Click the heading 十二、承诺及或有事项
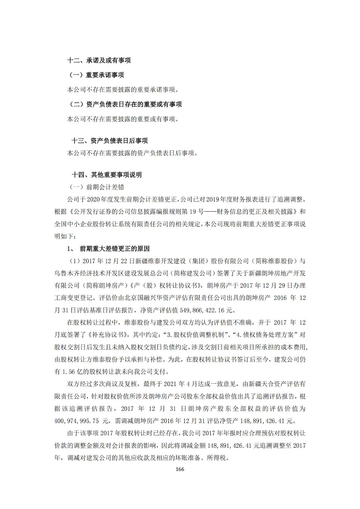pos(99,60)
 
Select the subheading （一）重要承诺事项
pos(96,75)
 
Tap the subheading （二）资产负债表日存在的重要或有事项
pos(125,104)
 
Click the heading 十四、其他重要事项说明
pos(107,175)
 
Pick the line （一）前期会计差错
pos(97,187)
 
